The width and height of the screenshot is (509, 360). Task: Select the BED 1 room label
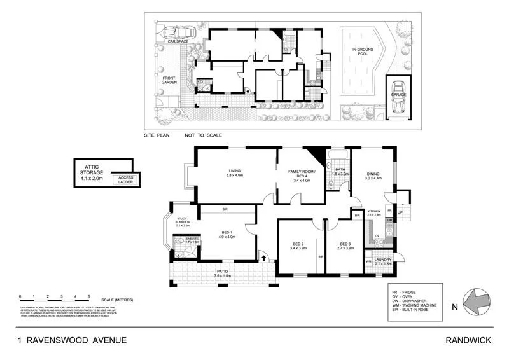pyautogui.click(x=227, y=233)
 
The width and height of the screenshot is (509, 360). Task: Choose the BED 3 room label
pyautogui.click(x=345, y=245)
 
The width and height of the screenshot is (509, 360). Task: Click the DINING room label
pyautogui.click(x=372, y=174)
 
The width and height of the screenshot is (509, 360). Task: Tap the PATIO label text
pyautogui.click(x=222, y=272)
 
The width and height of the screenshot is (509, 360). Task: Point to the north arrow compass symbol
pyautogui.click(x=475, y=299)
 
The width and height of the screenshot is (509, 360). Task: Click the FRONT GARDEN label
pyautogui.click(x=169, y=81)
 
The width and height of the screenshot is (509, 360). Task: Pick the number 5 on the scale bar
pyautogui.click(x=88, y=296)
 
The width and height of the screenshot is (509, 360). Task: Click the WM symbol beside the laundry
pyautogui.click(x=368, y=261)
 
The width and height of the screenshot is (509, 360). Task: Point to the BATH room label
pyautogui.click(x=340, y=170)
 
